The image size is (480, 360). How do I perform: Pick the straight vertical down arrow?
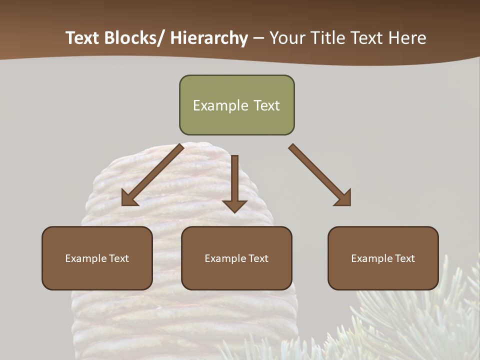[x=234, y=182]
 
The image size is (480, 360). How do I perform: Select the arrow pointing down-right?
[x=319, y=174]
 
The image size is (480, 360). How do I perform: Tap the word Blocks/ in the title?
[x=134, y=38]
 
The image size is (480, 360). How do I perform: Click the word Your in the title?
[x=285, y=38]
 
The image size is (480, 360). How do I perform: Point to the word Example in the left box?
[x=86, y=258]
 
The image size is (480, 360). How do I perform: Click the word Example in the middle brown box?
[x=225, y=258]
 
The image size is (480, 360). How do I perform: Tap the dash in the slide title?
[x=258, y=38]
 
